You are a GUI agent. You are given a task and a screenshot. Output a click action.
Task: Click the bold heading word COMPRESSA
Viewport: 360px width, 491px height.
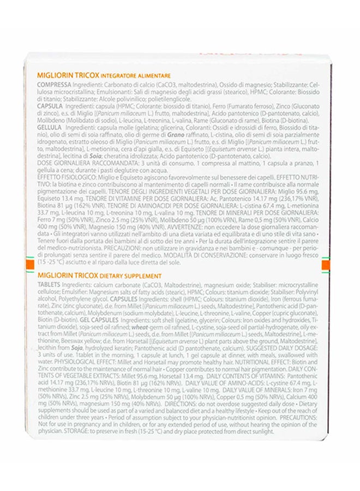52,86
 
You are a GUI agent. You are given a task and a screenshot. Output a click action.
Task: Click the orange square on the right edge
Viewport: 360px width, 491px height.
324,265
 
